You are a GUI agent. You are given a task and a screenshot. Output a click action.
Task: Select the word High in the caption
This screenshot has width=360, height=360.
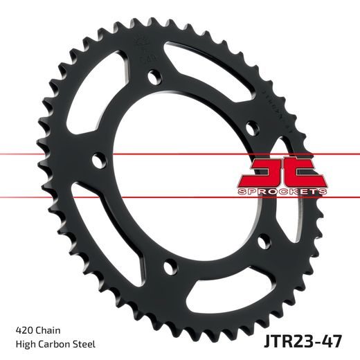coord(25,343)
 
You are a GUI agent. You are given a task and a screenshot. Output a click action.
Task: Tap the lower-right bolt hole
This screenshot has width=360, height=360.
coord(261,240)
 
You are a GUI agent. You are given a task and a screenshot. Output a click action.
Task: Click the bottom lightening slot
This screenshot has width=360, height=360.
coord(208,291)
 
